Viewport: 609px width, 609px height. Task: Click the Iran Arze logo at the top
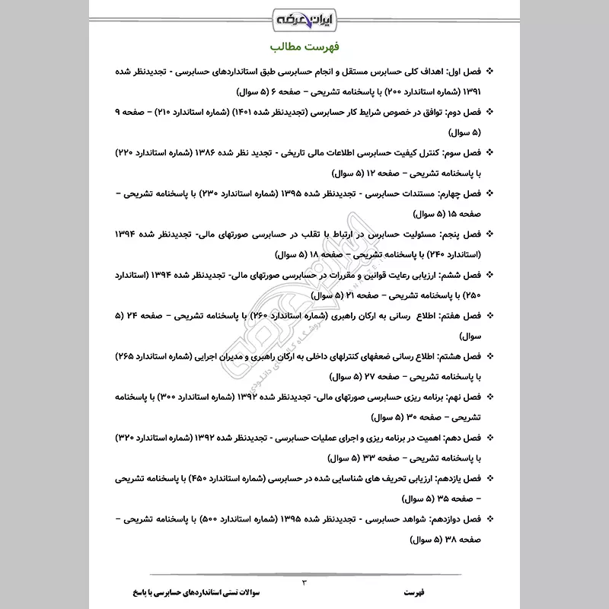(304, 16)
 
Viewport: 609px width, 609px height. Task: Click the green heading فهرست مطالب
(304, 48)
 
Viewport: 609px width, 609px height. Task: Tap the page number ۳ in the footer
(304, 582)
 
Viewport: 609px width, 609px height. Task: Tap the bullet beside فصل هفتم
(490, 314)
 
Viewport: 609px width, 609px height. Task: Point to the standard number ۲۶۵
(126, 355)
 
